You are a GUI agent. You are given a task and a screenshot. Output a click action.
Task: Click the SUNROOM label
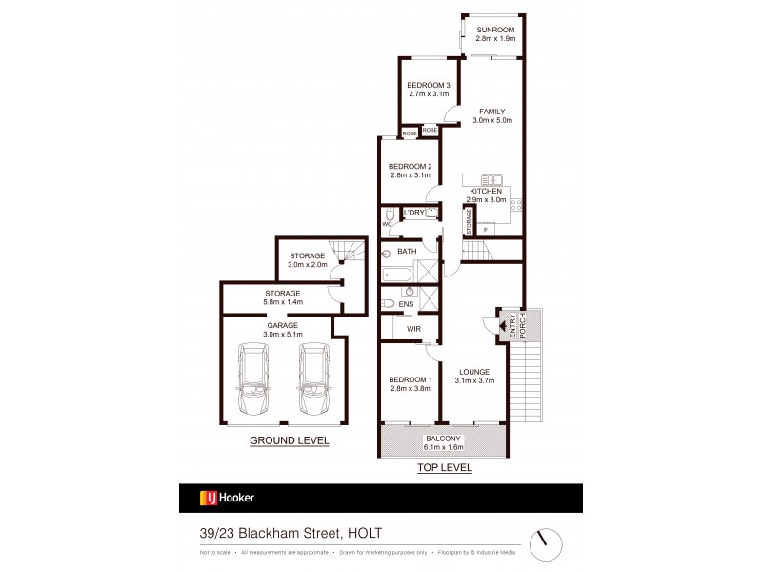pos(494,30)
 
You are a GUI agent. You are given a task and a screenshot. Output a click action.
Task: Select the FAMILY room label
pos(492,112)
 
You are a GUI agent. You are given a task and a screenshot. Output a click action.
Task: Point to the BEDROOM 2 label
pos(411,167)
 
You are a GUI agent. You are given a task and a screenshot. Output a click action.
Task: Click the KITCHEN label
pos(486,192)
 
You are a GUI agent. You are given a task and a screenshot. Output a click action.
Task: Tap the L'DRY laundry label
pos(414,212)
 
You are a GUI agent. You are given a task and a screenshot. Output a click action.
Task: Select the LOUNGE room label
pos(473,372)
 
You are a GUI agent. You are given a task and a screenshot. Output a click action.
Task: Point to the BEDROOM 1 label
pos(411,380)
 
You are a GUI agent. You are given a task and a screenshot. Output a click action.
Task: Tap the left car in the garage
pos(254,378)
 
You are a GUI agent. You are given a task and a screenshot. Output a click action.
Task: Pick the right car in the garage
pos(312,378)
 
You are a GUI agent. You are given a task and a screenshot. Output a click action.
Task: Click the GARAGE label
pos(282,325)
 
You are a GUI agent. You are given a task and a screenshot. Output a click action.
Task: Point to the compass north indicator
pos(544,538)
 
